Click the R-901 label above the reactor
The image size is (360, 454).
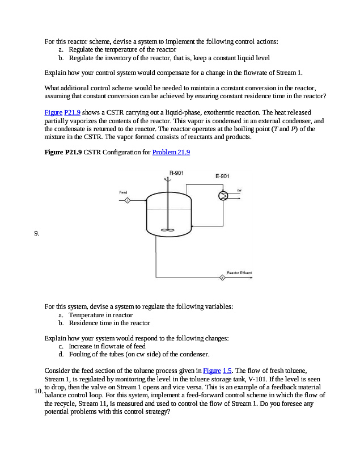coord(176,173)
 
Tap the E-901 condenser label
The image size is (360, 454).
coord(222,176)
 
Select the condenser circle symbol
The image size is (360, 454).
coord(223,196)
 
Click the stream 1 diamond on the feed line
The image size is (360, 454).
coord(127,200)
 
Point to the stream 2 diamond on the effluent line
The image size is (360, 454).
coord(222,278)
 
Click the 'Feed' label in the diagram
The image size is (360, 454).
coord(123,192)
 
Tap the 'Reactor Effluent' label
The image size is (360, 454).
coord(239,273)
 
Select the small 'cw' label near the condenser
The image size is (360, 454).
coord(239,190)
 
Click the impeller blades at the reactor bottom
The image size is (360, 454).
coord(168,230)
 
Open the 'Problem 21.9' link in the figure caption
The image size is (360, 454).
coord(171,152)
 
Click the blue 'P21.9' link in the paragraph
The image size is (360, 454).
coord(73,112)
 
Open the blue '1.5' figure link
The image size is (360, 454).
coord(227,371)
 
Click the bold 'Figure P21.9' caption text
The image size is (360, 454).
coord(63,152)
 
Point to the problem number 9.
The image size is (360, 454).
coord(37,233)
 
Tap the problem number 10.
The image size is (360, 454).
coord(39,391)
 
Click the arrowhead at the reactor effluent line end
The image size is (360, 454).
coord(251,278)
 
